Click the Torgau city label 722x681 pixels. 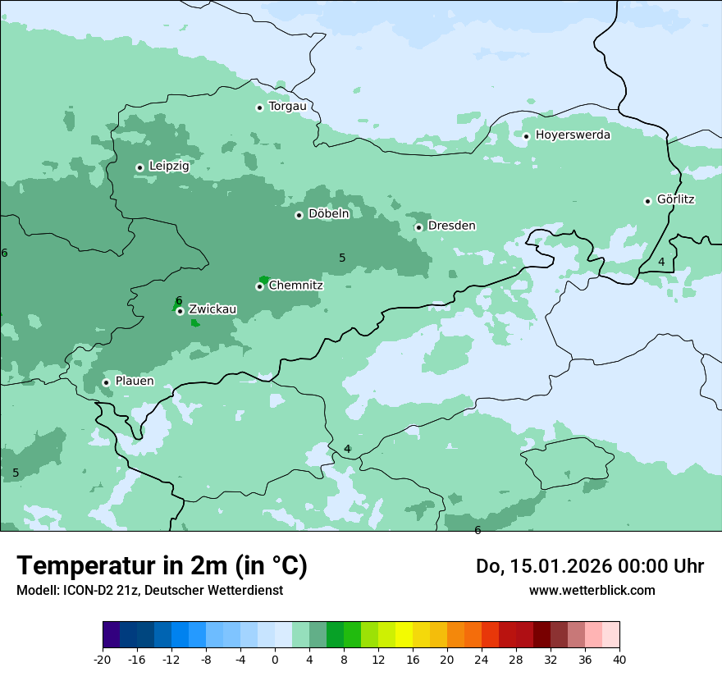(x=287, y=107)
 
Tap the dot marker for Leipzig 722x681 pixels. (x=140, y=167)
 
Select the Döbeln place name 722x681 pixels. (x=328, y=214)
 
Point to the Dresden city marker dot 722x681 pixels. (x=418, y=227)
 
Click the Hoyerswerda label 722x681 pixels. (x=573, y=135)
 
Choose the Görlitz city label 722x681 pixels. (x=675, y=199)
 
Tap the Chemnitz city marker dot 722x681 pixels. (x=259, y=286)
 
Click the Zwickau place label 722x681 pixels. (x=212, y=309)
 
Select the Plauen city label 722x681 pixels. (x=134, y=382)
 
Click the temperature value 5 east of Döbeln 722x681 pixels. (x=342, y=258)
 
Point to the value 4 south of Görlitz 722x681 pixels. (x=661, y=262)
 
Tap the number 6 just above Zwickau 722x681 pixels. (x=179, y=300)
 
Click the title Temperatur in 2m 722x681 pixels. (x=162, y=566)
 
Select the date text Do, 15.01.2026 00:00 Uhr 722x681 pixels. (x=589, y=566)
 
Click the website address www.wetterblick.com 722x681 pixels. (x=592, y=590)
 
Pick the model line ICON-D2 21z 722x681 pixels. (x=149, y=590)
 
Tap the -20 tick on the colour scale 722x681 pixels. (x=103, y=660)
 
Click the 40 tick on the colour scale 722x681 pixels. (x=619, y=660)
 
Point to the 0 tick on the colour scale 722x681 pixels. (x=275, y=660)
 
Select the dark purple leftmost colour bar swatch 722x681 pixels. (x=111, y=635)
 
